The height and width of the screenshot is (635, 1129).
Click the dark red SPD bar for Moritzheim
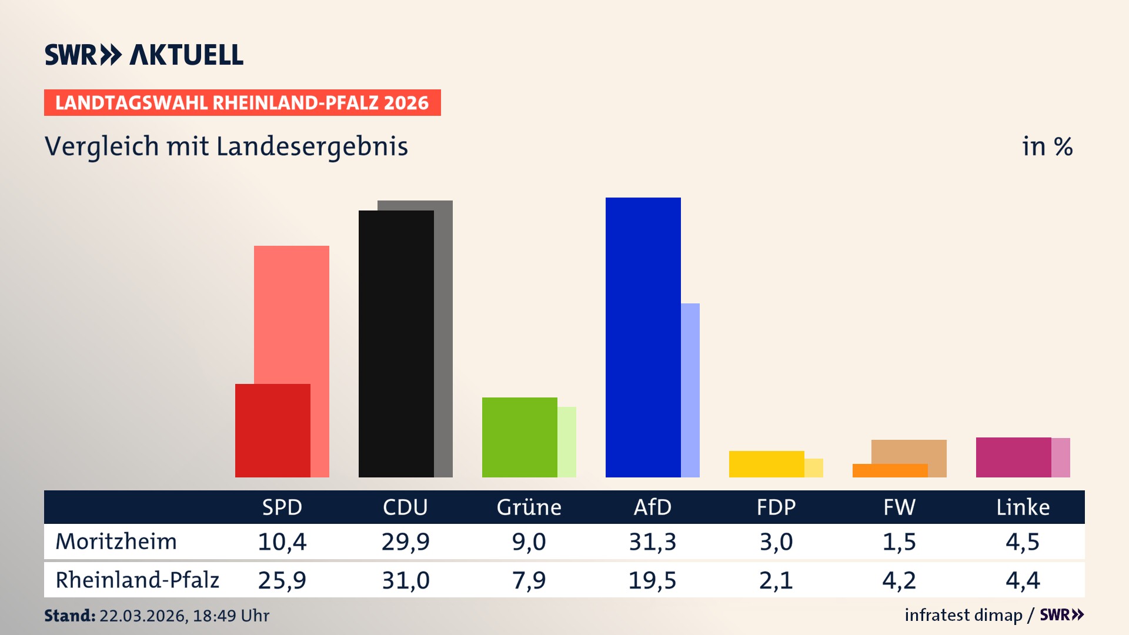point(272,430)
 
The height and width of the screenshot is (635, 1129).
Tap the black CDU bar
point(396,344)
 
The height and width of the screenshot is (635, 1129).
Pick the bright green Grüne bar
point(519,437)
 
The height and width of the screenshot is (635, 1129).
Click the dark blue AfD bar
point(643,337)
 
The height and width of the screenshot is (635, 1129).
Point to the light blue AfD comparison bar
point(690,390)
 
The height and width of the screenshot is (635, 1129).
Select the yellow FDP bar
point(766,464)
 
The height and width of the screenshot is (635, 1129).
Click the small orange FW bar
point(890,470)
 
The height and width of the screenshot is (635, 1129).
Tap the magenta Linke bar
point(1013,457)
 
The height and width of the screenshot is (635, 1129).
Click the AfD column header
point(652,507)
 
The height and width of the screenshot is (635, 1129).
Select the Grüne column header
point(529,507)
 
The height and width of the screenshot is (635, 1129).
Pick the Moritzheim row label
point(116,542)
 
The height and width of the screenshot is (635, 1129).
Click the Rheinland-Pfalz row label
point(137,580)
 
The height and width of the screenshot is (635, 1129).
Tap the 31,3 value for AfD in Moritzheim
point(652,542)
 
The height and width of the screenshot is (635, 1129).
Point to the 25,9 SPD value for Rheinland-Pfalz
point(282,580)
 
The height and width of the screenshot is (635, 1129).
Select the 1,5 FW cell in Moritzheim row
point(899,542)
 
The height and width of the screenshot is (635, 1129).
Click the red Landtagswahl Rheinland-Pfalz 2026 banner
point(242,103)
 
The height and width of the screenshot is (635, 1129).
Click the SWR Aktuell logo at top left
point(143,55)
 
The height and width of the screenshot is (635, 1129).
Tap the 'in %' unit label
point(1047,146)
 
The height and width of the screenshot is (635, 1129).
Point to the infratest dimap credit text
point(963,615)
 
